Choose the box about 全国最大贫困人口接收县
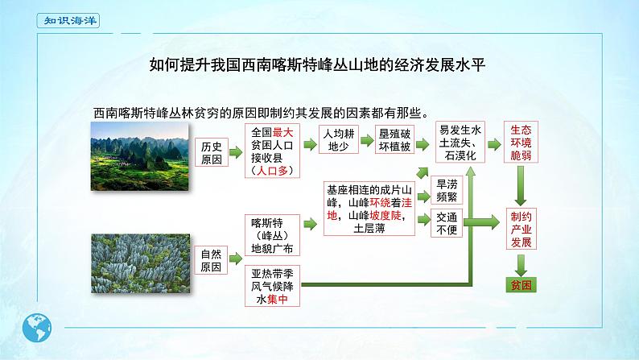[x=274, y=151]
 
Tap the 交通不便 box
[x=447, y=223]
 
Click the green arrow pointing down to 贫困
[x=522, y=263]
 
